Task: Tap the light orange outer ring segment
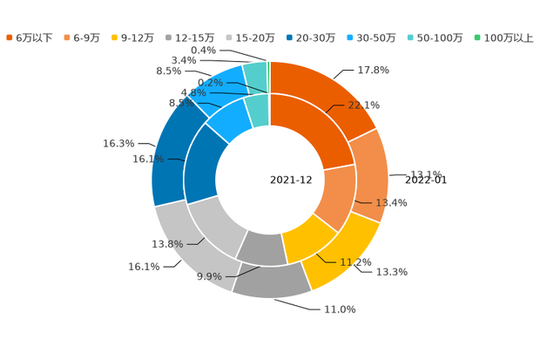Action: (375, 174)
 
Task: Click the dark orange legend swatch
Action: (9, 37)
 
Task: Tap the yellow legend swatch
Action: (125, 37)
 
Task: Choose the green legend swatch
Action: (476, 37)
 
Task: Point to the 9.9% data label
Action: (209, 277)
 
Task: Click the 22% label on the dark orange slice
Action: (363, 105)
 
